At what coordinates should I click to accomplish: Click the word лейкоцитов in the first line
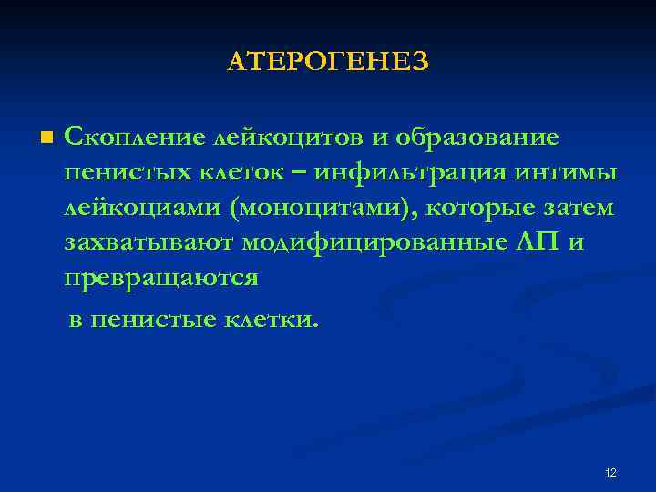coord(288,138)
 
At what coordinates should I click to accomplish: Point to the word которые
coord(488,208)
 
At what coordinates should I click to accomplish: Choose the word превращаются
coord(162,279)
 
